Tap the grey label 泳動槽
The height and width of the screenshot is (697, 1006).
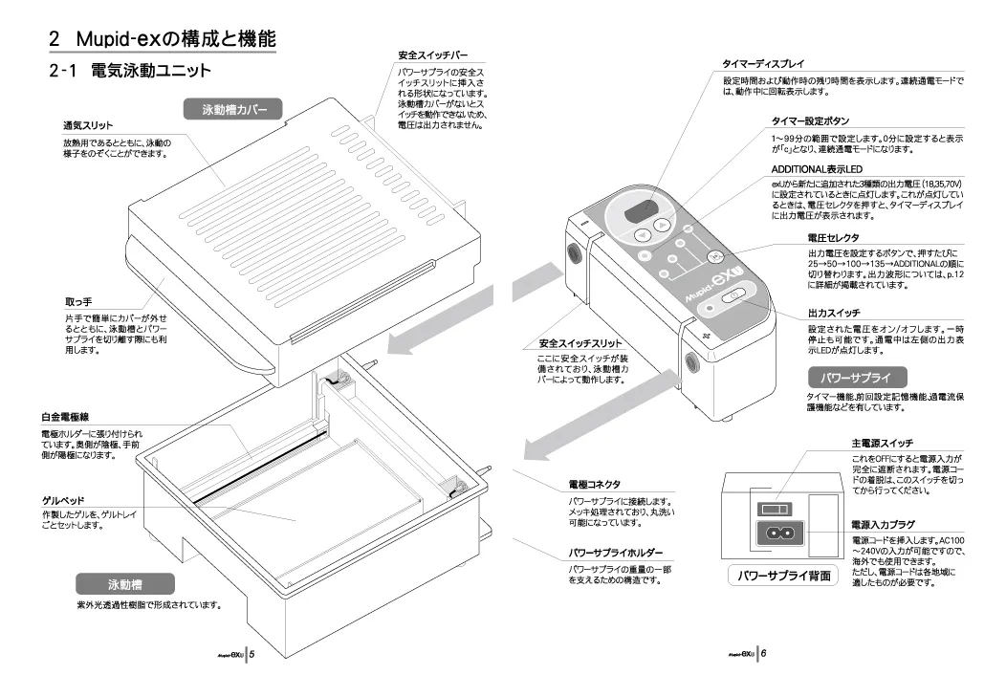pos(125,583)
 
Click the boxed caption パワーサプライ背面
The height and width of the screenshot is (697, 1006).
pos(784,576)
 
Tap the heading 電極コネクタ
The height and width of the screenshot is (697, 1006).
pos(594,485)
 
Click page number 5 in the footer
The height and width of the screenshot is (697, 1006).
pos(251,655)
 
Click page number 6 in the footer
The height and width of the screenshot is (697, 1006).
pos(764,655)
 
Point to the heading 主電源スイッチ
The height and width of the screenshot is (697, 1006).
pos(882,444)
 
